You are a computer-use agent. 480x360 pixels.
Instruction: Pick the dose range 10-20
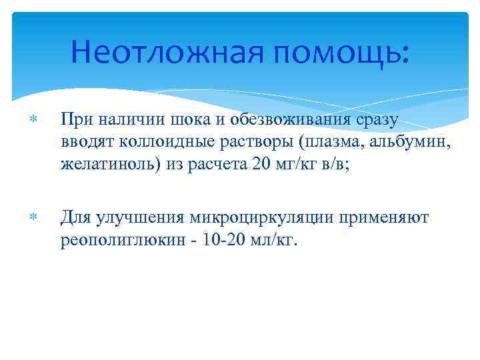[213, 239]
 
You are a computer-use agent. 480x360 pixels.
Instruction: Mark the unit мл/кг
[273, 239]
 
